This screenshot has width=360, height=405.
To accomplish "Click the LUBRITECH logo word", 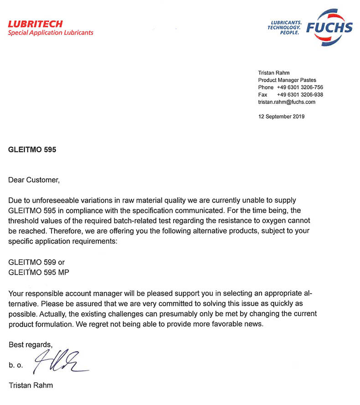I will coord(35,24).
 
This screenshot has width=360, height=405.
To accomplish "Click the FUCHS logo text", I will coord(329,28).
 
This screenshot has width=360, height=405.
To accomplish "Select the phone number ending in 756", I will coord(300,87).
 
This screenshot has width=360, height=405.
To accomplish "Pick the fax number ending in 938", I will coord(300,94).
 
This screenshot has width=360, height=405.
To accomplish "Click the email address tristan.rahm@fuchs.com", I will coord(287,102).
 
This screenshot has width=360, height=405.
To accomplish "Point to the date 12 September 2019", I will coord(281,116).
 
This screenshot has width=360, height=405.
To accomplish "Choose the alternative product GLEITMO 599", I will coord(32,262).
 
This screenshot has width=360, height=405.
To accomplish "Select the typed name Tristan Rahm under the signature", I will coord(31,385).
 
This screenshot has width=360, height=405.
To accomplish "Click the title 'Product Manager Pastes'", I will coord(287,80).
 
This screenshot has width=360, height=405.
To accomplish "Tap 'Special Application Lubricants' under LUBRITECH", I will coord(50,33).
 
